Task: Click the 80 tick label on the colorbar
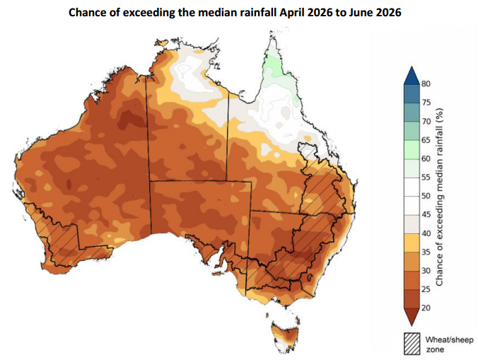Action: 426,83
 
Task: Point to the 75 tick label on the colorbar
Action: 426,103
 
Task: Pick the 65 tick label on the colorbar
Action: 426,140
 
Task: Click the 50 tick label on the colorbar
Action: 426,196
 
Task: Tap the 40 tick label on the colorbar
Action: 426,233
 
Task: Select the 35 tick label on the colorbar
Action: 426,252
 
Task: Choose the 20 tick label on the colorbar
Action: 426,308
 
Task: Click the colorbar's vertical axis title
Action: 440,196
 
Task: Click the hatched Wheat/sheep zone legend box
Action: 412,344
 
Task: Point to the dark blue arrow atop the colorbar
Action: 412,74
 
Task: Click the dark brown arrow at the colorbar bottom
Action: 412,313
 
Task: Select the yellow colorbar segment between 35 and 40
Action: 412,243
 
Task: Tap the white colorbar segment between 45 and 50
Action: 412,205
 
